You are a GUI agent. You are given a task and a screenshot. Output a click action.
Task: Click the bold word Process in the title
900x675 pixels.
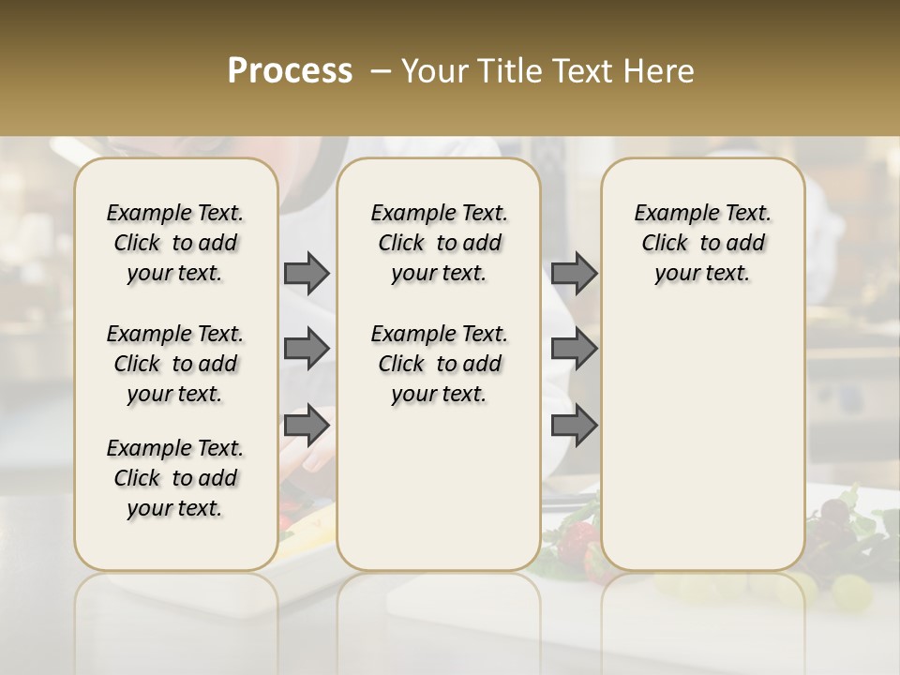coord(290,71)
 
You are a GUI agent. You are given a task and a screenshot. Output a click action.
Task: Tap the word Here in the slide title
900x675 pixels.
coord(659,71)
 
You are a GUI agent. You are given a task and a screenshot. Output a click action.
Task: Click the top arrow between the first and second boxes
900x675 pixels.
coord(307,274)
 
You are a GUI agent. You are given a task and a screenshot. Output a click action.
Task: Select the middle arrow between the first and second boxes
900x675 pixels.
coord(307,349)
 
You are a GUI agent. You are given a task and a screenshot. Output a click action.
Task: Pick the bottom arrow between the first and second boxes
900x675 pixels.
coord(307,426)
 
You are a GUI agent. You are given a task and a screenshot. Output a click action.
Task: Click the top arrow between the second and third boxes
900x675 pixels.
coord(574,274)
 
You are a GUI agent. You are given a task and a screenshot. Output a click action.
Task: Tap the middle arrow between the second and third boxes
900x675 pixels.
coord(574,349)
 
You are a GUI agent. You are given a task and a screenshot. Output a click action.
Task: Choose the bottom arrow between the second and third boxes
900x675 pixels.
coord(574,426)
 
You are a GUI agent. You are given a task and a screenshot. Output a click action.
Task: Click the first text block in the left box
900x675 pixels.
coord(175,243)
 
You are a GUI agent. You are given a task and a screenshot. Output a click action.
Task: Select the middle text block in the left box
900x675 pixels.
coord(175,364)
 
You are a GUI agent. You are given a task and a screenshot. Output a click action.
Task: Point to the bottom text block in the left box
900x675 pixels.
coord(175,478)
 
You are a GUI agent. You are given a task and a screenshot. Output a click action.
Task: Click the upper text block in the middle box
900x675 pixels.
coord(440,243)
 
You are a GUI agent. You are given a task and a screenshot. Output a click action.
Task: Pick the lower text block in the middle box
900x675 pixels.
coord(440,364)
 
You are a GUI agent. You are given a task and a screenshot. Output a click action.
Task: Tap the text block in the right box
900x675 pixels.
coord(703,243)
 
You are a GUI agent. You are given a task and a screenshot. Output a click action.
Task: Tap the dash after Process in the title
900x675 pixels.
coord(380,71)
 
